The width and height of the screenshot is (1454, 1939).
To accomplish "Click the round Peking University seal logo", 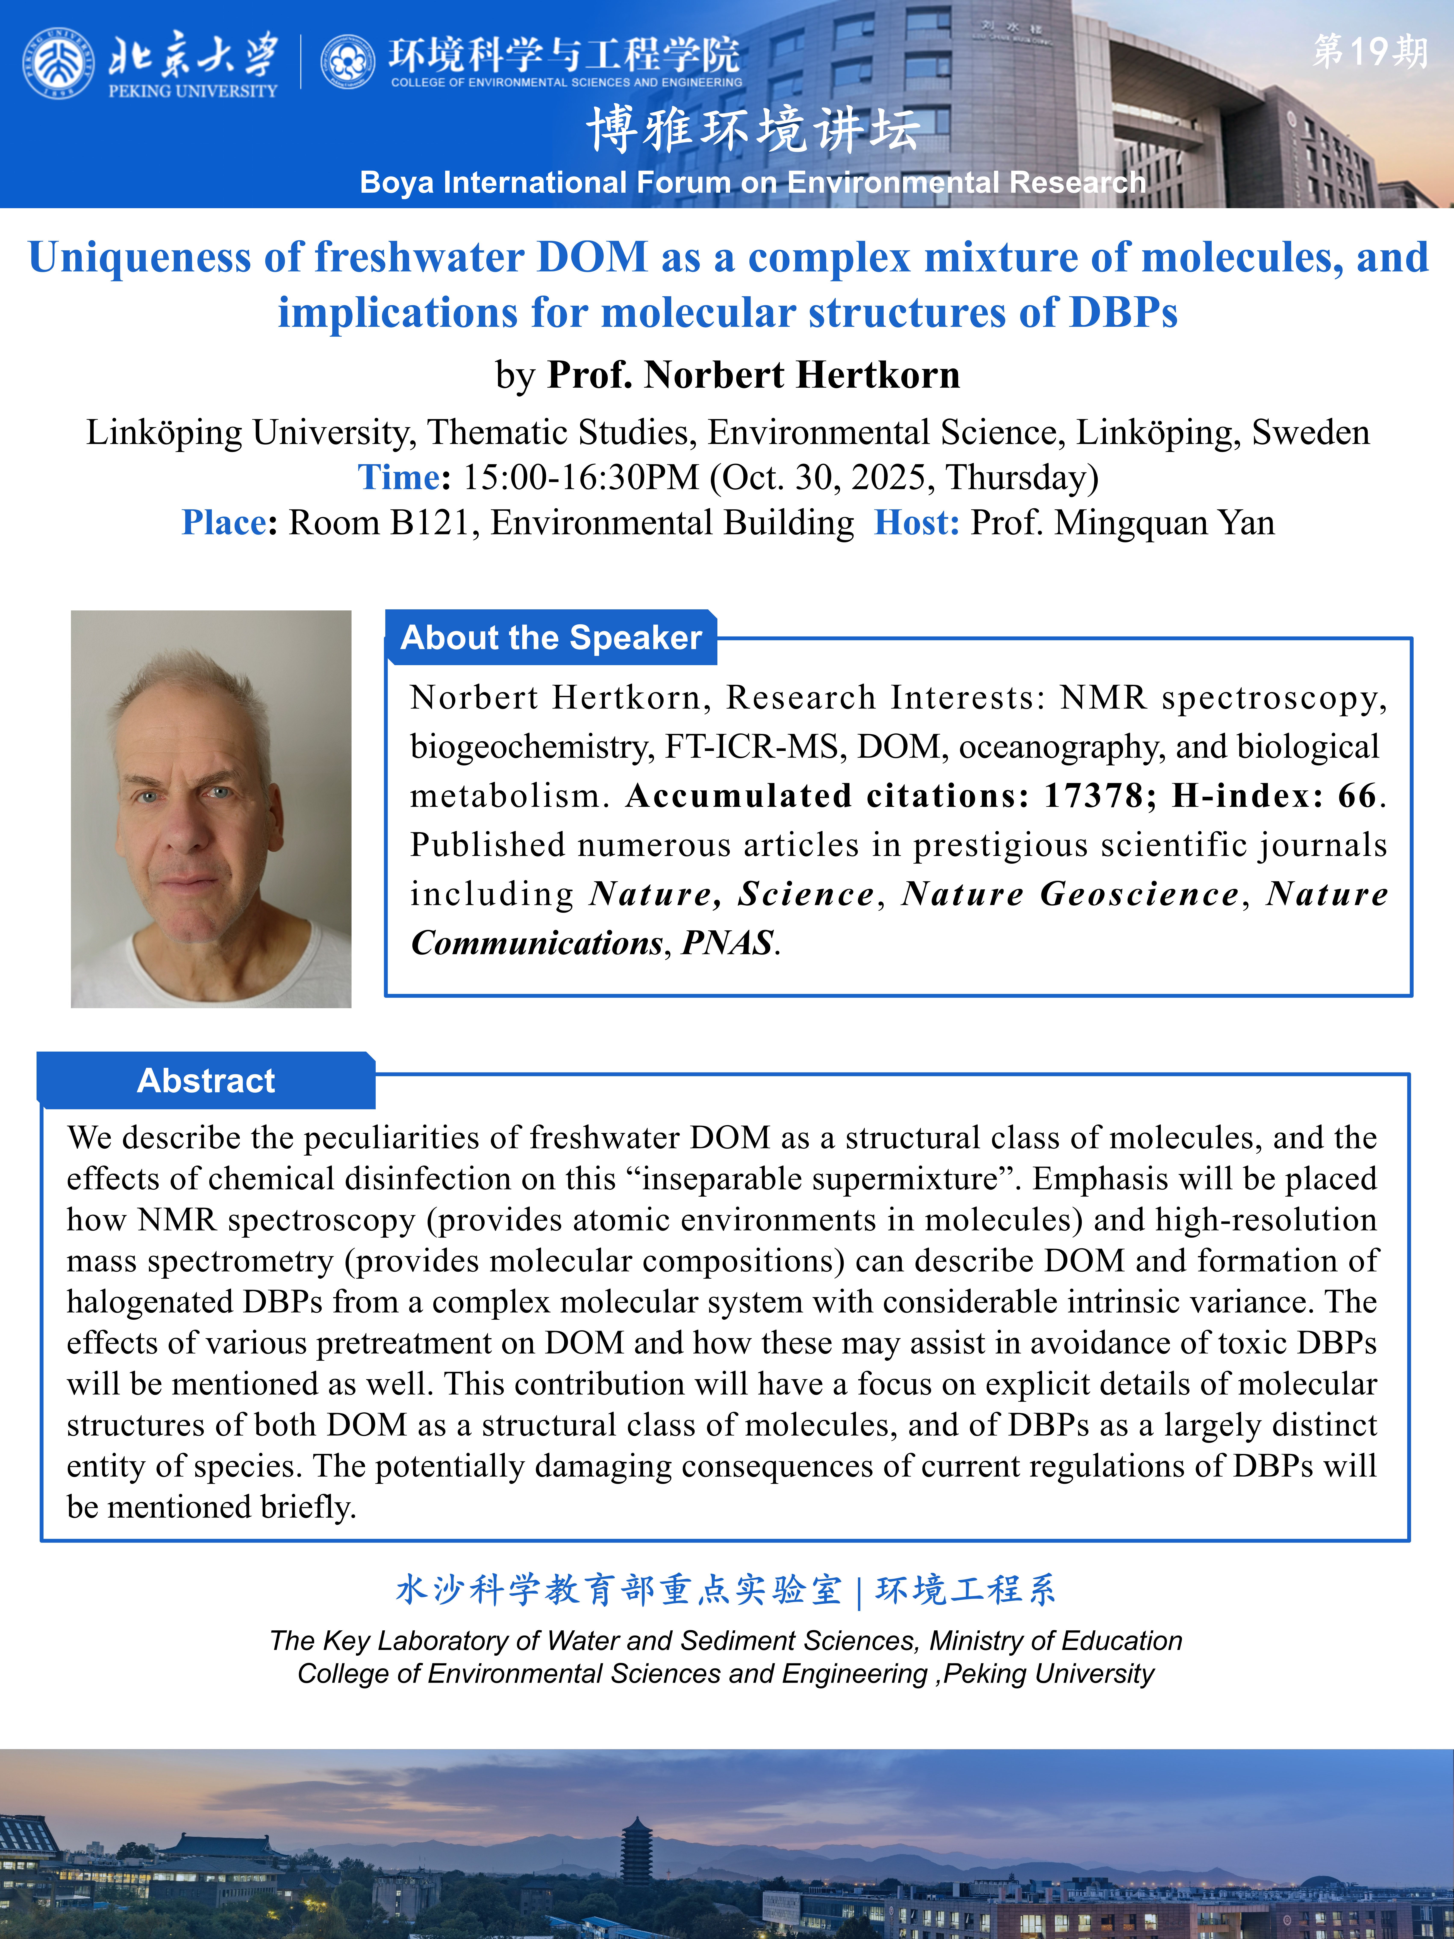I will point(58,63).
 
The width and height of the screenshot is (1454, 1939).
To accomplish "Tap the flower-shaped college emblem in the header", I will point(348,62).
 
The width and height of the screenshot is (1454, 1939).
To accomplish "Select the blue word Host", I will point(916,523).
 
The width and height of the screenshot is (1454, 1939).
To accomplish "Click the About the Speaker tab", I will point(551,637).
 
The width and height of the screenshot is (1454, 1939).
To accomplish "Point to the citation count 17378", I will point(1094,796).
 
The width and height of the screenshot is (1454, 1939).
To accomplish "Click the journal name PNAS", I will point(727,943).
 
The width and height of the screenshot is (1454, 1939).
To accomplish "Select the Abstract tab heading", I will point(206,1081).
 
